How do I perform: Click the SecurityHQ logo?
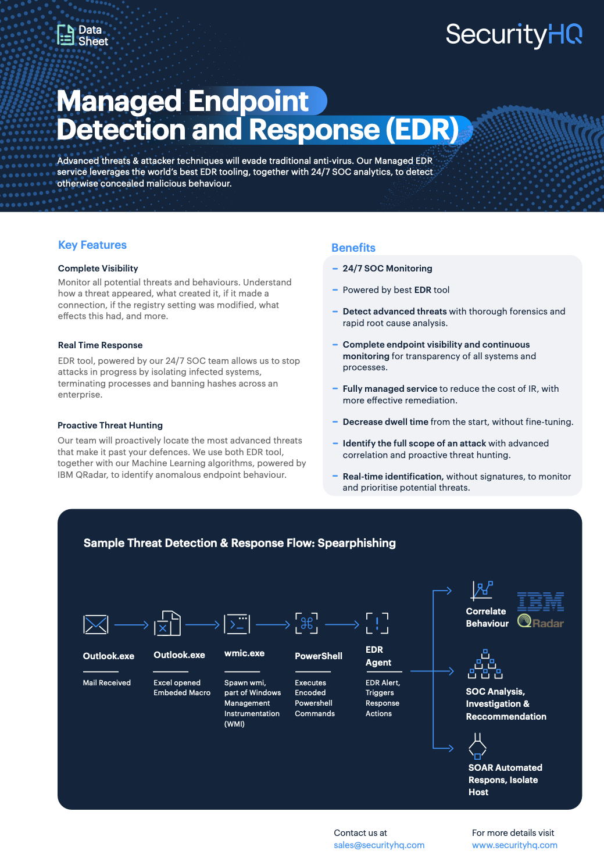[x=514, y=35]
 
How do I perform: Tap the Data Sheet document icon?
[x=66, y=35]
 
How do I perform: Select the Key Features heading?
[x=92, y=245]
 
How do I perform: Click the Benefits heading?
[x=353, y=248]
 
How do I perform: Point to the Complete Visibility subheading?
[x=98, y=269]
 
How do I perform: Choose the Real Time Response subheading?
[x=100, y=345]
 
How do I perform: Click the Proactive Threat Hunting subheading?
[x=110, y=426]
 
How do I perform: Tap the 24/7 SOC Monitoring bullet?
[x=387, y=269]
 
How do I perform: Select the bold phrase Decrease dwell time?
[x=385, y=422]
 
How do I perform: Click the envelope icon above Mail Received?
[x=96, y=624]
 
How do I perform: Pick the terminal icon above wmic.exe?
[x=237, y=624]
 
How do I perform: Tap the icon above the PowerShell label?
[x=306, y=623]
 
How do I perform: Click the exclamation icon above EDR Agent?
[x=377, y=623]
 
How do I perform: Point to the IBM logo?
[x=541, y=602]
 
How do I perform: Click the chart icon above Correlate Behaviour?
[x=481, y=590]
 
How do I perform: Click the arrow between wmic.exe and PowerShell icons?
[x=273, y=625]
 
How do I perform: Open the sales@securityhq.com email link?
[x=379, y=845]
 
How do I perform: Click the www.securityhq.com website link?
[x=514, y=845]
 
